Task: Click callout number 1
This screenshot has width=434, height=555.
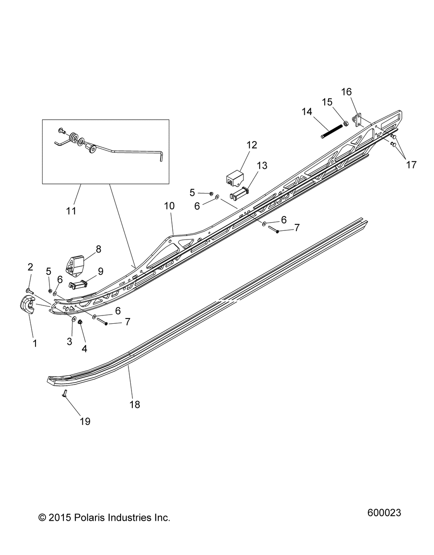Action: pyautogui.click(x=35, y=343)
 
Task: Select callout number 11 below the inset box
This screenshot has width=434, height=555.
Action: pyautogui.click(x=71, y=211)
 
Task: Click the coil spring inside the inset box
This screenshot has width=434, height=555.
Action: pyautogui.click(x=73, y=138)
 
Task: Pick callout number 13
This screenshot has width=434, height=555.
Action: pyautogui.click(x=262, y=165)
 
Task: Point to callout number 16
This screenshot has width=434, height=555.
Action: pyautogui.click(x=347, y=92)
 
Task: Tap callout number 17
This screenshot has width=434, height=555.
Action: pyautogui.click(x=411, y=164)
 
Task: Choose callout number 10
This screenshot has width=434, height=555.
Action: pyautogui.click(x=169, y=206)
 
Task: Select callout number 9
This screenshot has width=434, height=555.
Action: pyautogui.click(x=101, y=271)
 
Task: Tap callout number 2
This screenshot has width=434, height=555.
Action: pyautogui.click(x=30, y=267)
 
